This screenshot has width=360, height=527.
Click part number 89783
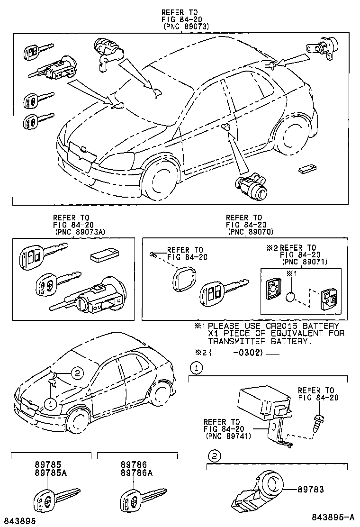pyautogui.click(x=311, y=490)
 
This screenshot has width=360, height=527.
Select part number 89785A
pyautogui.click(x=51, y=472)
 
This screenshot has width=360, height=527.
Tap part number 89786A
pyautogui.click(x=137, y=472)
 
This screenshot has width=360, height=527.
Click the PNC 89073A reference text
pyautogui.click(x=80, y=232)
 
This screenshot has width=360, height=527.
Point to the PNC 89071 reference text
pyautogui.click(x=305, y=262)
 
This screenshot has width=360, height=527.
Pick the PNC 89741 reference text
pyautogui.click(x=228, y=436)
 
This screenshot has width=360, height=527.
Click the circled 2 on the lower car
pyautogui.click(x=77, y=373)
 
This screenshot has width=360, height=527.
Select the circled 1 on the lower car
pyautogui.click(x=51, y=404)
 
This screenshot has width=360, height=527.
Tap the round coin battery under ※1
pyautogui.click(x=290, y=297)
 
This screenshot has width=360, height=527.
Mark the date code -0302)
pyautogui.click(x=247, y=353)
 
